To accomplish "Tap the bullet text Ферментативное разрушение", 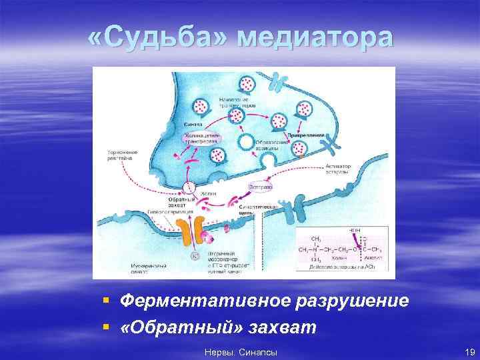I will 264,301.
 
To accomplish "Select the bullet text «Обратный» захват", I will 219,327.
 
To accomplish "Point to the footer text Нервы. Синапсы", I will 241,351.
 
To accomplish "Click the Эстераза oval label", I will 261,187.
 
